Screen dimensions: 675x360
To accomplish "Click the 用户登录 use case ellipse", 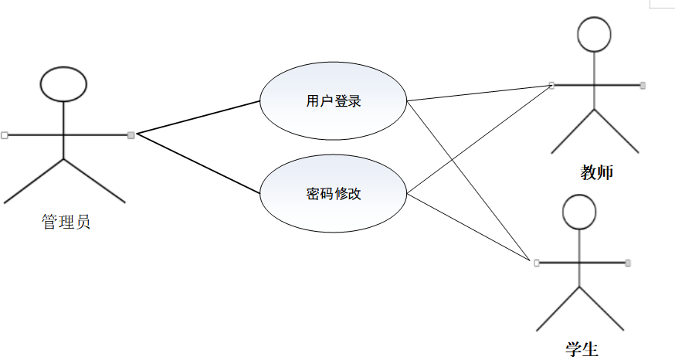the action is (x=333, y=100).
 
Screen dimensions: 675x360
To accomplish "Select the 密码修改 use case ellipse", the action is (x=333, y=193).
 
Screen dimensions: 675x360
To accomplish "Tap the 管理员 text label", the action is (x=66, y=223).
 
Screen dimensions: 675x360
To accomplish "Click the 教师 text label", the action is (x=596, y=172).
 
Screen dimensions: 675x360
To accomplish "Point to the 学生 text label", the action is (x=582, y=348).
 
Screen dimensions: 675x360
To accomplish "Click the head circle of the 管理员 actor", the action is (x=63, y=83).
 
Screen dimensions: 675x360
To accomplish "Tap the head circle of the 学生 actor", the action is (x=579, y=211).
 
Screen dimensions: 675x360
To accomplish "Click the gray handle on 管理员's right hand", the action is (x=131, y=135).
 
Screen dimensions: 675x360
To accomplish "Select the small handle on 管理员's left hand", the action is (x=5, y=135).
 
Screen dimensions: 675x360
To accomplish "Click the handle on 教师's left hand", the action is (x=551, y=84).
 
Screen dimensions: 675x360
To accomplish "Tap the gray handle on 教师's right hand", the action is (x=643, y=84).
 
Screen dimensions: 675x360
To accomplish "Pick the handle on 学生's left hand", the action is (x=535, y=263).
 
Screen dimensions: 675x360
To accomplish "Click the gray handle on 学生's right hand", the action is (x=628, y=263).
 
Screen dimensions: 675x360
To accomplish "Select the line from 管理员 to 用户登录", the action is (x=198, y=117).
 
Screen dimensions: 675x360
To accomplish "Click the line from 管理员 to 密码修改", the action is (x=198, y=163).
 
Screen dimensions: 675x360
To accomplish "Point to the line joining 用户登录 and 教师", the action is (x=479, y=93).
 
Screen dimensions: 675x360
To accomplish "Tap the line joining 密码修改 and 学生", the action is (x=471, y=228).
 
